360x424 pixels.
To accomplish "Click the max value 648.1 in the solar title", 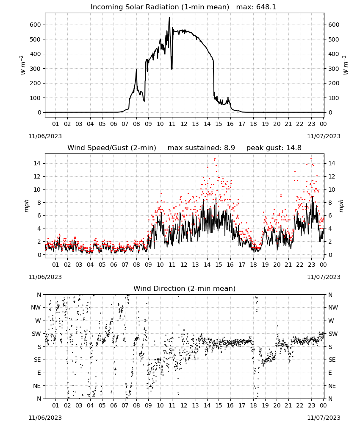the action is [266, 7].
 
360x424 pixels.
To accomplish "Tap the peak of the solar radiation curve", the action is [169, 17].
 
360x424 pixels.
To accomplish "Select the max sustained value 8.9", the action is [229, 148].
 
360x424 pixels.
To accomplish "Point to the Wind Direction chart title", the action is [185, 288].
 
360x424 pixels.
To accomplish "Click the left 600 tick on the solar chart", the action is [35, 25].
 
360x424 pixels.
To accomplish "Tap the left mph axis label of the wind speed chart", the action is [26, 206].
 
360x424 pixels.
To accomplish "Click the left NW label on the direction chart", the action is [36, 307].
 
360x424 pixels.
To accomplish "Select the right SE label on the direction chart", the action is [332, 360].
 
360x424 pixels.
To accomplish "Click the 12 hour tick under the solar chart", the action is [184, 124].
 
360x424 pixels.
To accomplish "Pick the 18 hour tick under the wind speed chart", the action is [253, 265].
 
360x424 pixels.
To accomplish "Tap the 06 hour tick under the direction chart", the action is [114, 405].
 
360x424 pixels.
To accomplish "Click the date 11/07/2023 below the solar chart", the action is [324, 136].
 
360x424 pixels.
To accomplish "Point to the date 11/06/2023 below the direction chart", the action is [45, 418].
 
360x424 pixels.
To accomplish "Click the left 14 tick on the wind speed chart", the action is [37, 163].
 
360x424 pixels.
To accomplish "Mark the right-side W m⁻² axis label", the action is [346, 65].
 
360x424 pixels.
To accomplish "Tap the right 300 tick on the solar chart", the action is [334, 69].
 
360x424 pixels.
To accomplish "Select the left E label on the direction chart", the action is [39, 373].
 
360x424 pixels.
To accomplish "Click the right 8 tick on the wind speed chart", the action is [330, 203].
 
